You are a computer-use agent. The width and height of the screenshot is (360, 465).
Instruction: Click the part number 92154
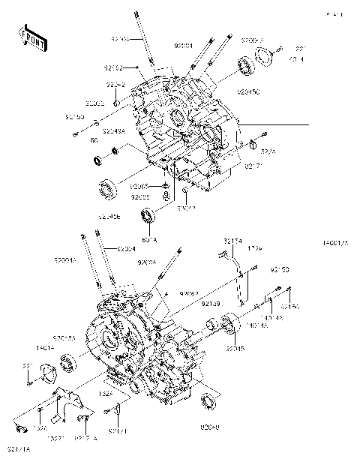tap(232, 241)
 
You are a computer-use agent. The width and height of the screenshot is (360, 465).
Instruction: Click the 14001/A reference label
tap(340, 243)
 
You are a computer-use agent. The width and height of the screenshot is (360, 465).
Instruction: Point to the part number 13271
tap(57, 437)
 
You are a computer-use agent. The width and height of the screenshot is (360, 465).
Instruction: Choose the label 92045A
tap(64, 338)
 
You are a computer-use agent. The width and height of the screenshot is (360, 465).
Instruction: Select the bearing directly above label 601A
tap(148, 217)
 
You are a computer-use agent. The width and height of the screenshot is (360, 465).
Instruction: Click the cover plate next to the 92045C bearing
tap(263, 55)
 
